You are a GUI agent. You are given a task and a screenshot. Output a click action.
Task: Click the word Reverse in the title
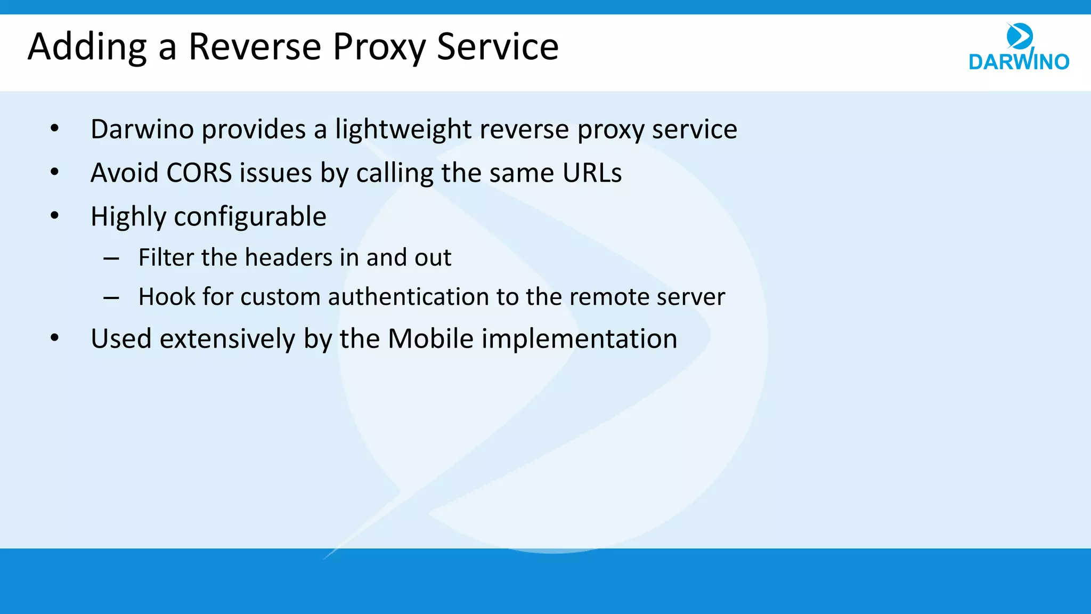[255, 47]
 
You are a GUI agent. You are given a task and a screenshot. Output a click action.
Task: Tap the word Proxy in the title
[379, 47]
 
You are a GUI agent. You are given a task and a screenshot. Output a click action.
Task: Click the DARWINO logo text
[1019, 61]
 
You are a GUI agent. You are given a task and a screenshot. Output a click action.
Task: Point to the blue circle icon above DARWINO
[1020, 36]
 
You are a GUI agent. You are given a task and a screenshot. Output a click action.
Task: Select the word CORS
[199, 173]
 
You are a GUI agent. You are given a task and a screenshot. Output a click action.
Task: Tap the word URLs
[592, 173]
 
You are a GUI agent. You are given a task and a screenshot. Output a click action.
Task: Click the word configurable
[250, 217]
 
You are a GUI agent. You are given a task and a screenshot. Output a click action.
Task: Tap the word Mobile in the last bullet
[430, 339]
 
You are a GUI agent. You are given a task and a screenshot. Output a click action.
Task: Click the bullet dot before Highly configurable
[54, 216]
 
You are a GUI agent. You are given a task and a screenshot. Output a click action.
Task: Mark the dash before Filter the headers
[111, 259]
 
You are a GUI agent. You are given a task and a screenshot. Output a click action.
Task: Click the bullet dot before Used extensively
[54, 338]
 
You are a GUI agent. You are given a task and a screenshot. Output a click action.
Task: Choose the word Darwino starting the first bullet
[142, 130]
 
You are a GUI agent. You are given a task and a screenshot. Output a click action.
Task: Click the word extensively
[227, 339]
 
